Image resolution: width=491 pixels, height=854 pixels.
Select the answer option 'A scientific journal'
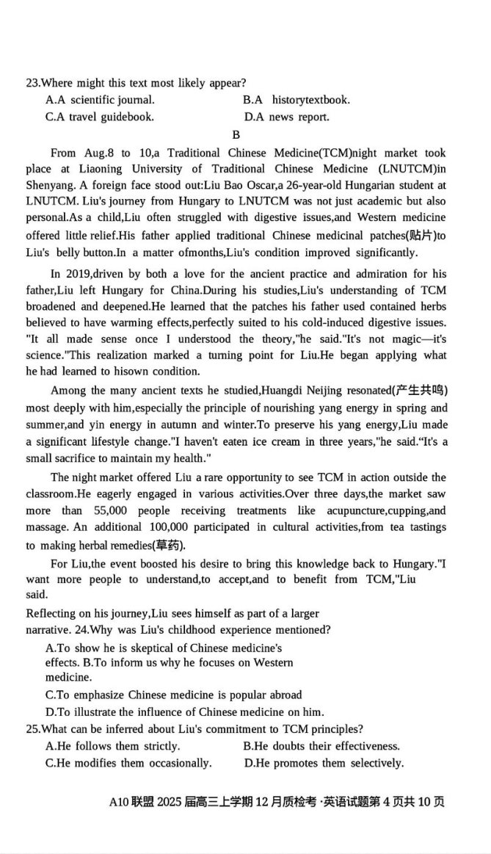pyautogui.click(x=100, y=100)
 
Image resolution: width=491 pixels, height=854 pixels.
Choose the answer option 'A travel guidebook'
pyautogui.click(x=100, y=117)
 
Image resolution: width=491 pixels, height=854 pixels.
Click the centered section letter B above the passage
pyautogui.click(x=236, y=135)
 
